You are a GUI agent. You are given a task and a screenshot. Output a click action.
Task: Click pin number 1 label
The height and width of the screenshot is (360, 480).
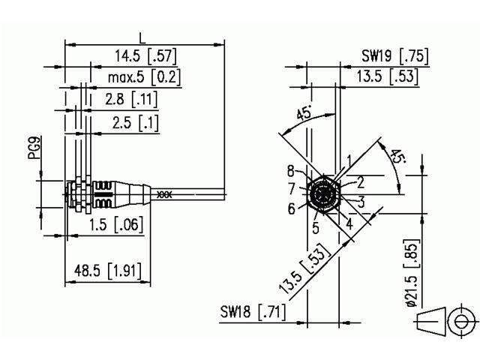349,159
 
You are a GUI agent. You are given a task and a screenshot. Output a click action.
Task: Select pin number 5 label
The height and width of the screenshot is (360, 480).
316,226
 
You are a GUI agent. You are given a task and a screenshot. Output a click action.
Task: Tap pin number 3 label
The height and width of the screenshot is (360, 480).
361,201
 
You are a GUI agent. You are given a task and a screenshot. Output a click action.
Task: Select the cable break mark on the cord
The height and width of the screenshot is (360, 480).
164,194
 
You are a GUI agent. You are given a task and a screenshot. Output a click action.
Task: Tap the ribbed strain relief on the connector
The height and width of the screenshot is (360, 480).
105,194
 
